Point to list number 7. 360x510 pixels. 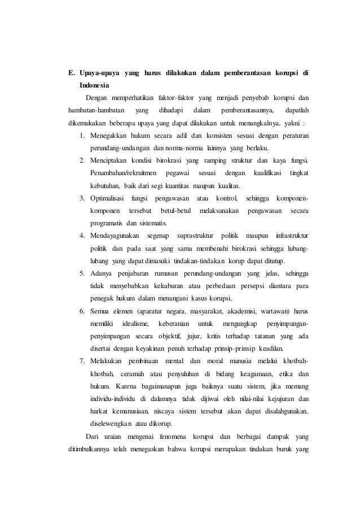tap(82, 361)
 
